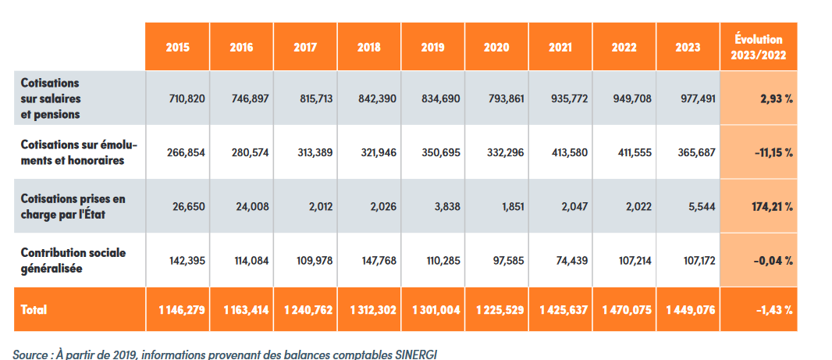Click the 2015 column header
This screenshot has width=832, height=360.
(x=177, y=48)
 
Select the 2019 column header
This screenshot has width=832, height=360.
(x=433, y=48)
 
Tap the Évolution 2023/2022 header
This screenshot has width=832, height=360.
(x=759, y=48)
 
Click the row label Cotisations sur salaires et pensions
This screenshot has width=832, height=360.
(x=51, y=98)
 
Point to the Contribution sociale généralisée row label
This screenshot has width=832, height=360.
(x=73, y=260)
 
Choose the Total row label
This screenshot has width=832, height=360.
(x=34, y=309)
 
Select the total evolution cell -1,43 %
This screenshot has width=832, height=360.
(x=774, y=310)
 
